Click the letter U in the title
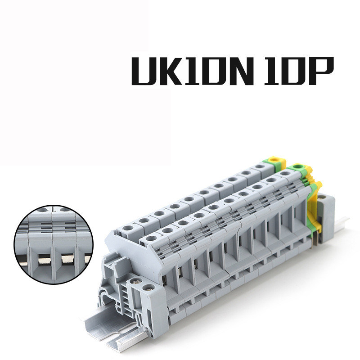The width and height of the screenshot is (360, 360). (143, 71)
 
